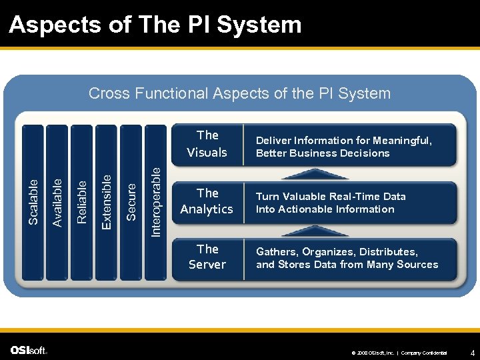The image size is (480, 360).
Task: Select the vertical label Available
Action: click(57, 201)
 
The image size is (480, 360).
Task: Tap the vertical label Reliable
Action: click(82, 201)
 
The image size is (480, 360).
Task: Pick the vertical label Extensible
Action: click(107, 201)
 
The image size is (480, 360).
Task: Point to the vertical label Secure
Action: click(131, 201)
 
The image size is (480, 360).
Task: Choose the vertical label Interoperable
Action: click(155, 201)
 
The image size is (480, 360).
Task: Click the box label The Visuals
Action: click(207, 144)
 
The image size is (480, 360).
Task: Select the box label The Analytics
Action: click(207, 201)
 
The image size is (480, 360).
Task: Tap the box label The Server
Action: click(207, 257)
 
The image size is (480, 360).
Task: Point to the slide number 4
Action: click(472, 351)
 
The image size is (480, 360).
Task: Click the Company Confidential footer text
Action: click(425, 353)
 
